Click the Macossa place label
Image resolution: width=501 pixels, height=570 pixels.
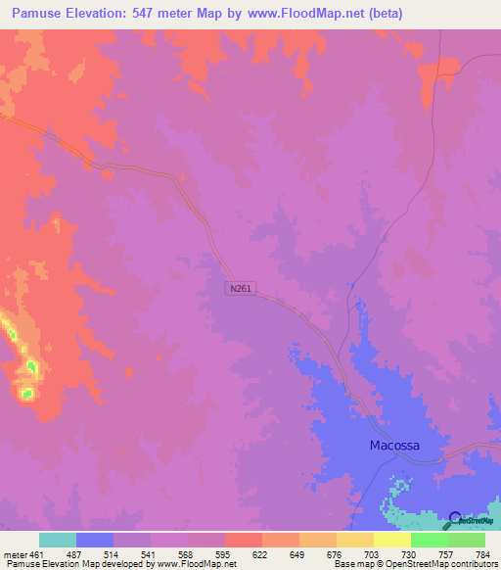[394, 445]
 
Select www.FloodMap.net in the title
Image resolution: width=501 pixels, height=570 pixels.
[300, 15]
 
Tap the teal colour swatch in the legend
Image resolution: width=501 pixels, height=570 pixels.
[58, 540]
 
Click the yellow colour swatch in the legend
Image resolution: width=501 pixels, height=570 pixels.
[392, 540]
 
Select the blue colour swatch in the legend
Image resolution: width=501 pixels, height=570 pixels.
[95, 540]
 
